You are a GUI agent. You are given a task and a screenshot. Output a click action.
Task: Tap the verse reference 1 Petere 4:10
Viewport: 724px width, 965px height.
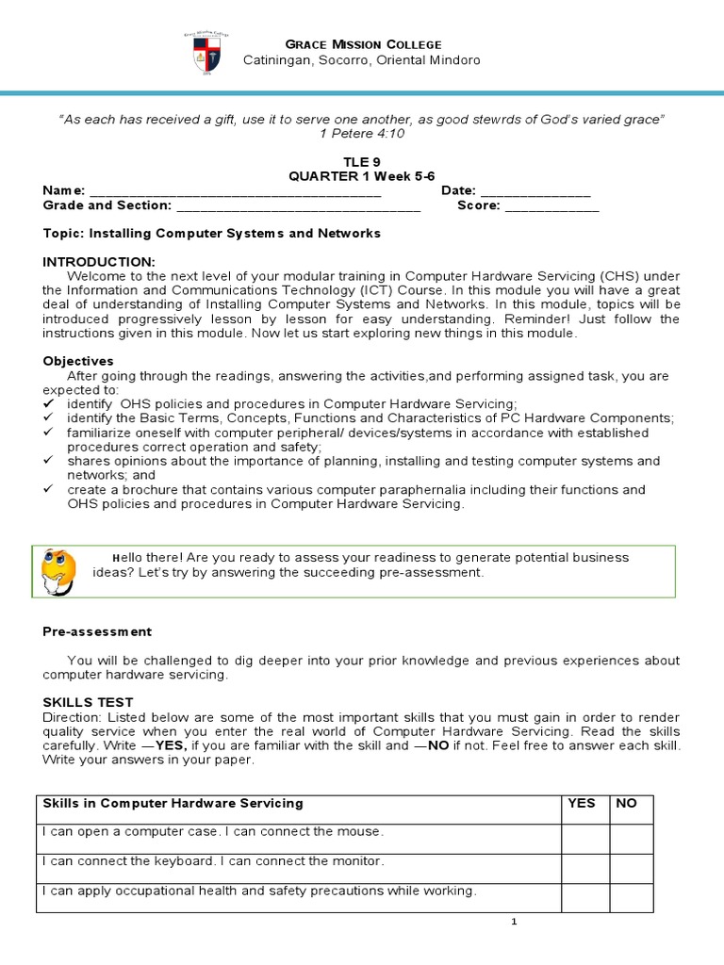pyautogui.click(x=362, y=133)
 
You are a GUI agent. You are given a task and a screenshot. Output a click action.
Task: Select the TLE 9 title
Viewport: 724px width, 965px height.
pyautogui.click(x=362, y=162)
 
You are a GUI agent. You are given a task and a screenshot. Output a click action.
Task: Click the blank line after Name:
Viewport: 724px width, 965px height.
pyautogui.click(x=235, y=191)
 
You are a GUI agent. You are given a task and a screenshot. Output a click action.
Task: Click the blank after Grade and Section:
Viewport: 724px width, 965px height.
pyautogui.click(x=298, y=205)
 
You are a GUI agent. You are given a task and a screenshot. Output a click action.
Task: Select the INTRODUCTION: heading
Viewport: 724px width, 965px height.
pyautogui.click(x=99, y=260)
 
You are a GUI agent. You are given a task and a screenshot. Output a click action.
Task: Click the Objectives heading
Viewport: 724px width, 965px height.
pyautogui.click(x=78, y=361)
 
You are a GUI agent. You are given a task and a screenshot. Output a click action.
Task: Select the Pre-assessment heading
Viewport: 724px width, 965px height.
pyautogui.click(x=97, y=631)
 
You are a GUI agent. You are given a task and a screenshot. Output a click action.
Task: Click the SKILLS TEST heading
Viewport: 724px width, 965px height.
pyautogui.click(x=89, y=702)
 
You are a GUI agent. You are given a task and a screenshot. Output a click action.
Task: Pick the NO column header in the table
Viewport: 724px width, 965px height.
pyautogui.click(x=627, y=804)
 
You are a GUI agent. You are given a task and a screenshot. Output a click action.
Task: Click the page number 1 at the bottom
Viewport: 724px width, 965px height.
pyautogui.click(x=514, y=923)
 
